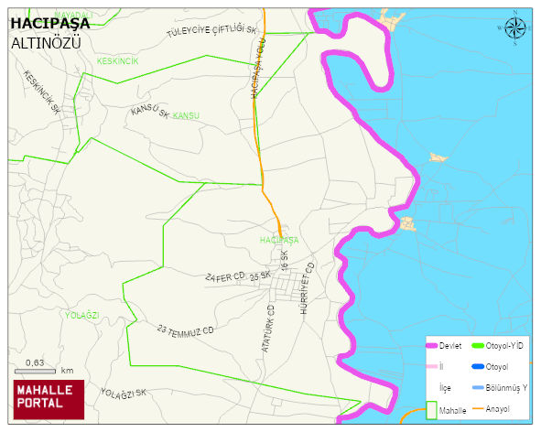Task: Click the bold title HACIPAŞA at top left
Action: (50, 23)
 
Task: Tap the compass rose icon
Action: (516, 28)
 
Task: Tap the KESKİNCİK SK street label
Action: (42, 92)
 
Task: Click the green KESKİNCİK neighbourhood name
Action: (117, 61)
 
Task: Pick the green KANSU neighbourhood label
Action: (186, 116)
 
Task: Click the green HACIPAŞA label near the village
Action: (279, 240)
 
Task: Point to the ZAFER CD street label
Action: (223, 276)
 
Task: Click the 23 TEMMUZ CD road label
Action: (185, 329)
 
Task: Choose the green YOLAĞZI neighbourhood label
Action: (81, 315)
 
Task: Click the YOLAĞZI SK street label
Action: (124, 393)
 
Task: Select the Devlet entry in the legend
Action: (449, 346)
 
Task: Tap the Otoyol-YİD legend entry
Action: (503, 346)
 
